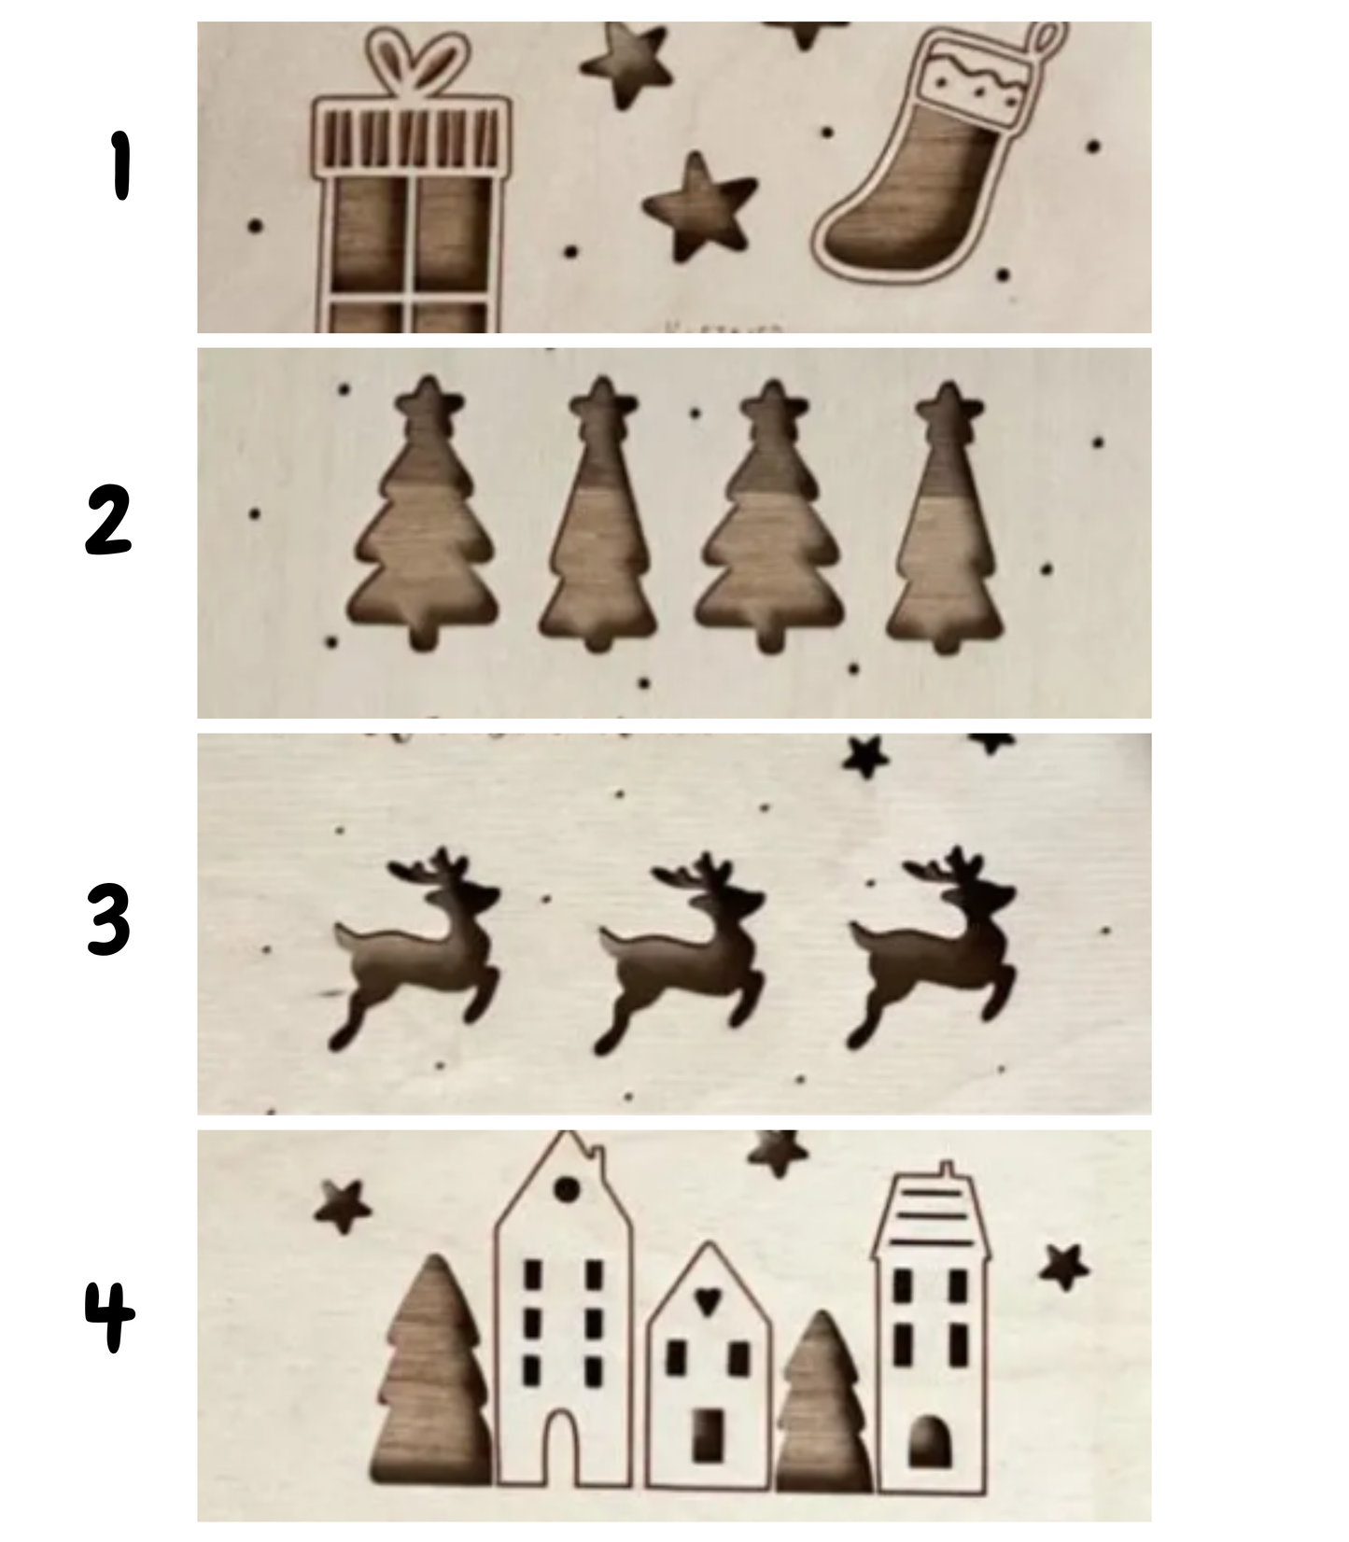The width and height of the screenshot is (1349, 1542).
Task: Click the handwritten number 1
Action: [x=119, y=165]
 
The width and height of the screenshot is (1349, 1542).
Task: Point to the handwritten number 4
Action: [x=110, y=1316]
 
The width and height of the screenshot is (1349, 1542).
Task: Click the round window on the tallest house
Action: [x=568, y=1189]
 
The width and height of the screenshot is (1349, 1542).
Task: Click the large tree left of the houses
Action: [x=431, y=1372]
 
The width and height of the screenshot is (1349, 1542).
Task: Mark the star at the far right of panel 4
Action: [x=1064, y=1267]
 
